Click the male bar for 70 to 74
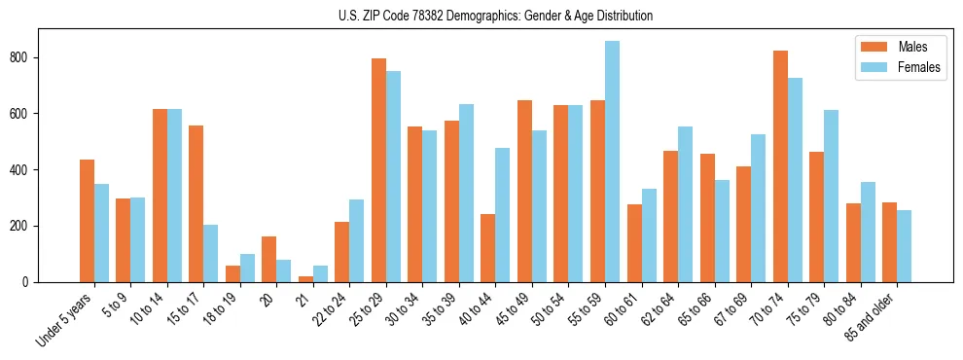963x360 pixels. (780, 166)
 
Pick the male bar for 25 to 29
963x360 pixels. (378, 170)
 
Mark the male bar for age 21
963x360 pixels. (305, 279)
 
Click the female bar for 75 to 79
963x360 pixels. (831, 197)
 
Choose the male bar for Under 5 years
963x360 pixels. (87, 221)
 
